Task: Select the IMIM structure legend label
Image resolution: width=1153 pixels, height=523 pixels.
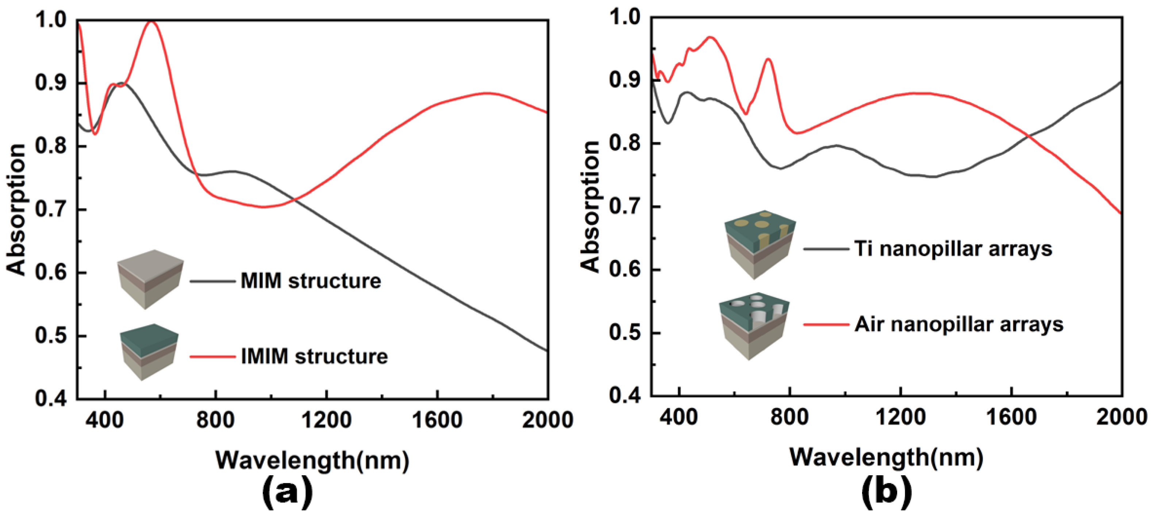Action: point(314,357)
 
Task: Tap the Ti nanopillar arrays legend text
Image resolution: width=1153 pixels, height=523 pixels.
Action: point(953,249)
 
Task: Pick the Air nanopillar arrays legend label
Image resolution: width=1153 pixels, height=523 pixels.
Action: point(959,324)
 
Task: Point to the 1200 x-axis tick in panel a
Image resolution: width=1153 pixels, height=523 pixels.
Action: point(326,420)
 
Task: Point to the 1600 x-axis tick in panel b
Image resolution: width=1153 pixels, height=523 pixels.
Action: point(1011,417)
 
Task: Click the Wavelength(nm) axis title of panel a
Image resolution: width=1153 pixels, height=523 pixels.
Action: point(312,460)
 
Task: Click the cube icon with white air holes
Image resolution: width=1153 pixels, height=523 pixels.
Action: point(754,325)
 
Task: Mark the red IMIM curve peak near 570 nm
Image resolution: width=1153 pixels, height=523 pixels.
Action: point(151,22)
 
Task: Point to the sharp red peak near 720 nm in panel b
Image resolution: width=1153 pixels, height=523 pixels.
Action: point(768,59)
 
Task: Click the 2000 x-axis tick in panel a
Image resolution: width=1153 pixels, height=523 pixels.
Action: point(547,420)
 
